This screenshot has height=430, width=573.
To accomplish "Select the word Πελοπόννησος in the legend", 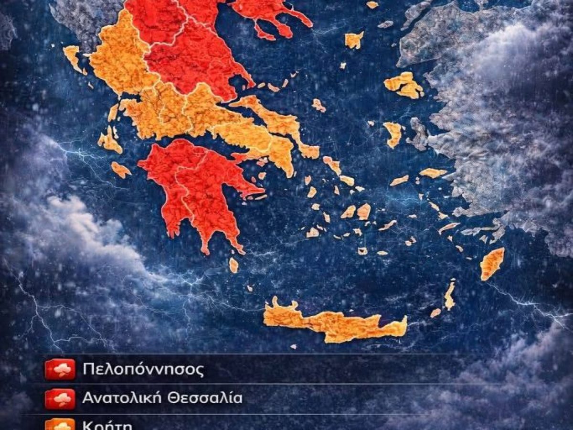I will (x=143, y=369).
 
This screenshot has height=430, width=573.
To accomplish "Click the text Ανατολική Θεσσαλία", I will (x=162, y=398).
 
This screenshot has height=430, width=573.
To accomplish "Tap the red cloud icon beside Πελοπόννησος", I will (x=60, y=369).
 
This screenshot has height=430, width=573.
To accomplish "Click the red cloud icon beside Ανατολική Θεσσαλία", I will (x=60, y=399).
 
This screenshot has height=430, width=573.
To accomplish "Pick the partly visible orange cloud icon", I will (x=60, y=424).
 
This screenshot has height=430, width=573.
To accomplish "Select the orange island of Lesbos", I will (x=403, y=85).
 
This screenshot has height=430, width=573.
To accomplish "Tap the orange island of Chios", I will (x=393, y=134).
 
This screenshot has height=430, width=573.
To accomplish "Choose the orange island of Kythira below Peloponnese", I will (x=233, y=265).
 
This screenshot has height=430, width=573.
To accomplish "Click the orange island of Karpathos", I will (x=449, y=296).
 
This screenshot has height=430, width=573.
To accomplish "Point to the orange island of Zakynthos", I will (x=120, y=170).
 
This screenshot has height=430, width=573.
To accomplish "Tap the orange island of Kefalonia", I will (x=109, y=141).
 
